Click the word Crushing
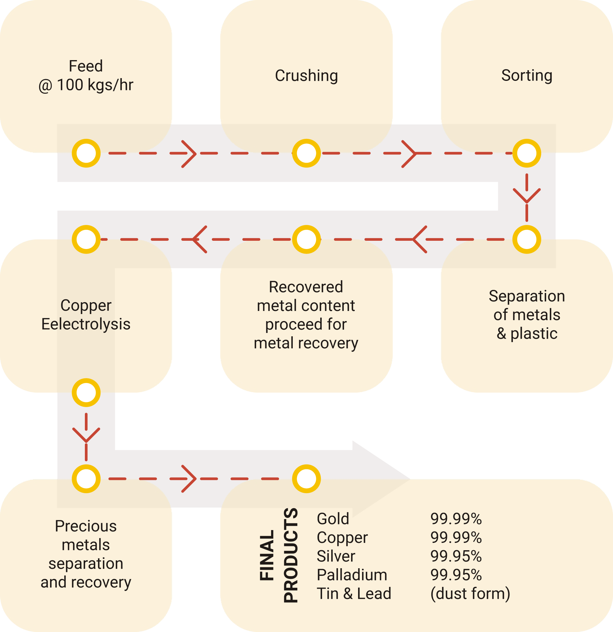tap(306, 76)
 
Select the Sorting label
tap(527, 76)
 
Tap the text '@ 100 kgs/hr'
tap(86, 85)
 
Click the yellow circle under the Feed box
tap(86, 153)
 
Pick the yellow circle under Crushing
tap(306, 153)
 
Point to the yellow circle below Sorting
tap(527, 153)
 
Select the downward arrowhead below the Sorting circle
tap(527, 196)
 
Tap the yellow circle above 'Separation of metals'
tap(527, 239)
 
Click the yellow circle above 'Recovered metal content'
tap(306, 239)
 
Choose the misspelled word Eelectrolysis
tap(86, 324)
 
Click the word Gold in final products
tap(333, 519)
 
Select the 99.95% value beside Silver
tap(456, 556)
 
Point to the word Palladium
tap(352, 575)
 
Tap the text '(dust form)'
tap(470, 594)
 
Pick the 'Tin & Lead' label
tap(354, 594)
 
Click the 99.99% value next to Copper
tap(456, 537)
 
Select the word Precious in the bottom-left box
tap(86, 526)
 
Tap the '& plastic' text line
tap(527, 334)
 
